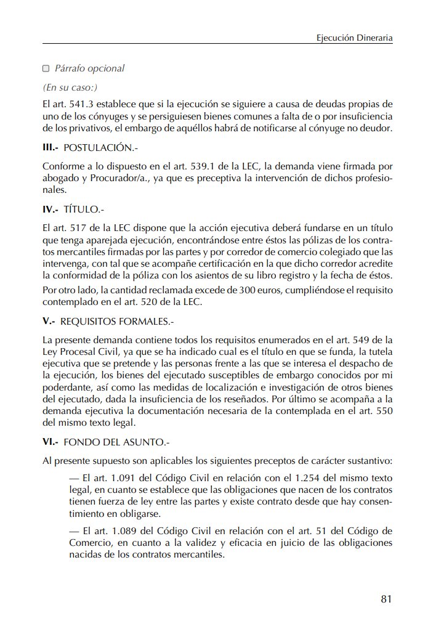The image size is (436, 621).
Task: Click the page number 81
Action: (x=387, y=599)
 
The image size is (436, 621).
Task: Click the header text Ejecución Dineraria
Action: (x=354, y=38)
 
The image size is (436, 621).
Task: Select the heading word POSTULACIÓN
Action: (x=99, y=148)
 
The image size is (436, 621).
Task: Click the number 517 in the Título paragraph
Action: (x=83, y=227)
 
